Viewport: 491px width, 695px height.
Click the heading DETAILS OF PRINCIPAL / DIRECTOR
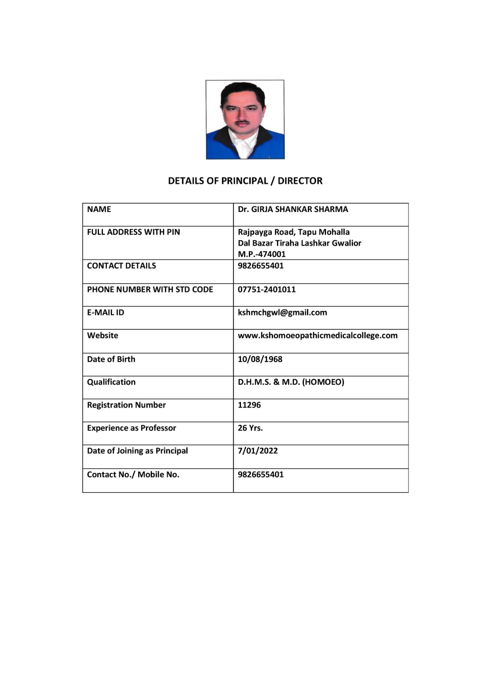(x=245, y=181)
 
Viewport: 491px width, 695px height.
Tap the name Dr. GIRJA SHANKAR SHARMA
(x=293, y=209)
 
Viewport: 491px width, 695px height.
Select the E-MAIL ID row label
(x=105, y=312)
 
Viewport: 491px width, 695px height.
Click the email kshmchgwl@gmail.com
(x=282, y=312)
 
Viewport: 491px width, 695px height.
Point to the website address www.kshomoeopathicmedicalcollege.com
(x=317, y=335)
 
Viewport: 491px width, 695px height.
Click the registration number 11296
(x=249, y=405)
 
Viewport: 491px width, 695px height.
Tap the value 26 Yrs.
(x=250, y=428)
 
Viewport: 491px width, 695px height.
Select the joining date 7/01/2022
(x=257, y=450)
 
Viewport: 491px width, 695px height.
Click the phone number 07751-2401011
(x=267, y=289)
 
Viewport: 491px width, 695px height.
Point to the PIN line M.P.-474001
(x=261, y=254)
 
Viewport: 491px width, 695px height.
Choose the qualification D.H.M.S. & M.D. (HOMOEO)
(x=291, y=382)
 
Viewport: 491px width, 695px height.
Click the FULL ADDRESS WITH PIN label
(x=133, y=232)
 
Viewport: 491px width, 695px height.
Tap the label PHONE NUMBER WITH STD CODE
(x=150, y=289)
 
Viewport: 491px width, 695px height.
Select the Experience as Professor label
(x=132, y=428)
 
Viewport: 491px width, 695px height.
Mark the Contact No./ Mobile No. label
(x=133, y=474)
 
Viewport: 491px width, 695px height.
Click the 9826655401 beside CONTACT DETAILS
(x=260, y=265)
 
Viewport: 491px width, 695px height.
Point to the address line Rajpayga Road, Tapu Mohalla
(x=293, y=232)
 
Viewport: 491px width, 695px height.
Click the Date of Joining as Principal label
(x=137, y=450)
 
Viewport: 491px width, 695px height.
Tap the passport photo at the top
(x=245, y=119)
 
